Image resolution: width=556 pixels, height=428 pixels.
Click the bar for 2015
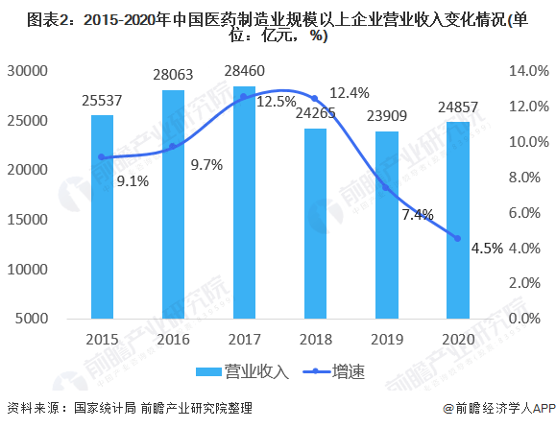[102, 216]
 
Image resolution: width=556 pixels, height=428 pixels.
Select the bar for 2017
[244, 202]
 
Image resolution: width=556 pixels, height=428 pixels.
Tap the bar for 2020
[457, 220]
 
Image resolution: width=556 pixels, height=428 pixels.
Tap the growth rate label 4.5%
[487, 249]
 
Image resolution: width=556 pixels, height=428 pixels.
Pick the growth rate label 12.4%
[349, 93]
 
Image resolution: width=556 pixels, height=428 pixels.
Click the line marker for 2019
[386, 187]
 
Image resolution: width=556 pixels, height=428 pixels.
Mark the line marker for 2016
[173, 147]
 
